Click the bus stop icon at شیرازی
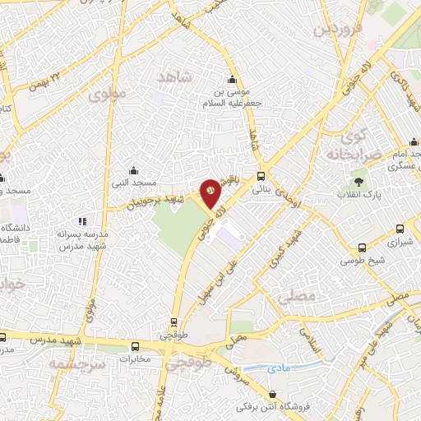(399, 229)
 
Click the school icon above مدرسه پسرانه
(81, 221)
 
